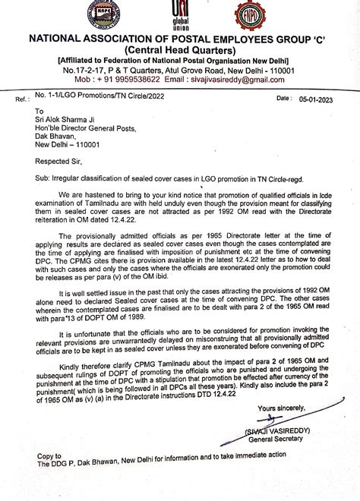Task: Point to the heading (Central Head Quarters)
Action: pyautogui.click(x=179, y=50)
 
